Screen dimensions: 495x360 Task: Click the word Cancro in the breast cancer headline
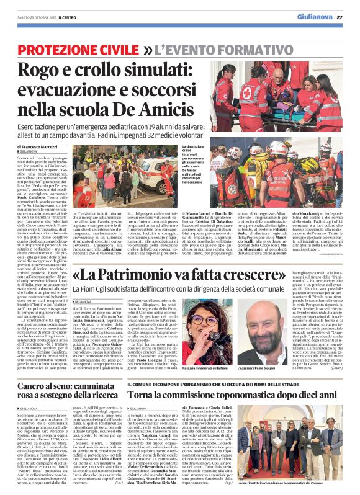(36, 386)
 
